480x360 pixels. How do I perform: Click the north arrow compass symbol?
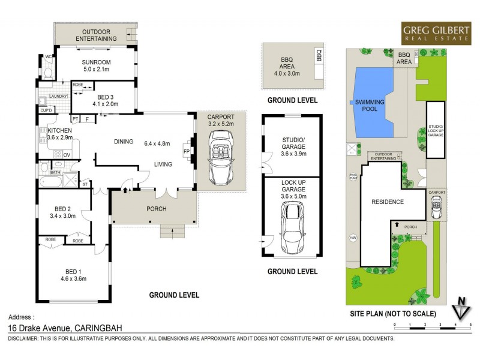460,308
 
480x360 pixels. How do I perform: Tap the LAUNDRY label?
58,96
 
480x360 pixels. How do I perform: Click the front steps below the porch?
173,231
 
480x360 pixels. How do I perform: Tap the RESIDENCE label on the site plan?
388,202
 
